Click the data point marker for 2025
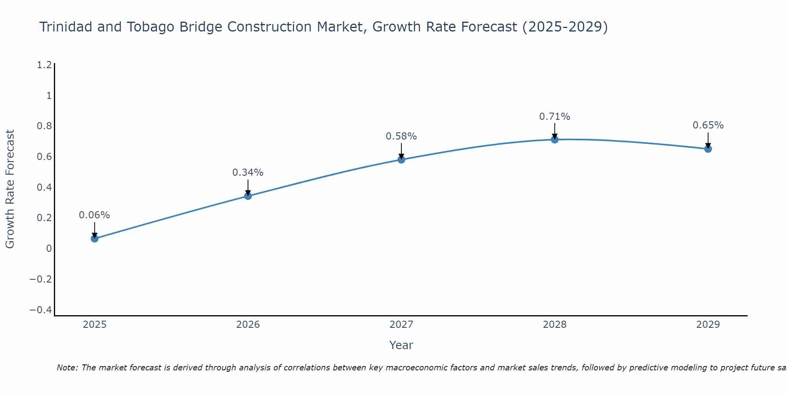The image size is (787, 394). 94,238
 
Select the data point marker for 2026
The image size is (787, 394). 248,196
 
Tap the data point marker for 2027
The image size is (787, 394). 401,159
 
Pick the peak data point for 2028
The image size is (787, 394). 555,139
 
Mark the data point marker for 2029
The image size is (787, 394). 708,149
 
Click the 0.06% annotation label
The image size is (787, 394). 94,215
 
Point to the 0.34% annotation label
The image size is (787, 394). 248,173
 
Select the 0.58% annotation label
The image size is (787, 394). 401,136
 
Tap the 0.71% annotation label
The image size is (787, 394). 555,117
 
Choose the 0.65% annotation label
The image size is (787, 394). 708,125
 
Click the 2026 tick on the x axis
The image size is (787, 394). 248,325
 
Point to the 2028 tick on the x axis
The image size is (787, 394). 555,325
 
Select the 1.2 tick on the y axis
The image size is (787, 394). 44,65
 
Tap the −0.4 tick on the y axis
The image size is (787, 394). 41,310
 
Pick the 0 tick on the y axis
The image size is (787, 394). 49,249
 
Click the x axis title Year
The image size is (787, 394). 401,345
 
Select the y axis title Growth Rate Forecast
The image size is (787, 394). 10,189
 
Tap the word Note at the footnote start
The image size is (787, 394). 67,368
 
